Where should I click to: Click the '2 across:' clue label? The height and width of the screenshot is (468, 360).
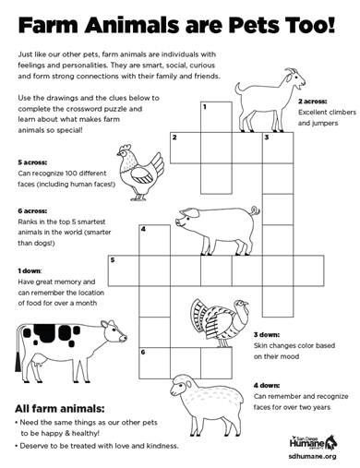point(313,100)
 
